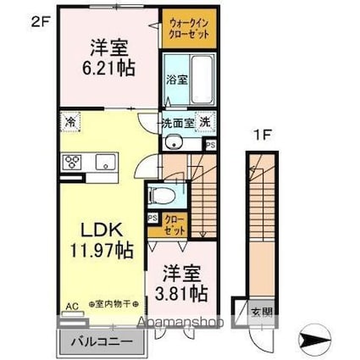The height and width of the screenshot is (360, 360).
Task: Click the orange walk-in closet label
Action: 186,29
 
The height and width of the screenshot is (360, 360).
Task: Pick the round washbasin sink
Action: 171,141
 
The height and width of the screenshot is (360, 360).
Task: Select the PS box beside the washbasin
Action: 210,144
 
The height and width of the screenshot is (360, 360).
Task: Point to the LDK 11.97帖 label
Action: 99,240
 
